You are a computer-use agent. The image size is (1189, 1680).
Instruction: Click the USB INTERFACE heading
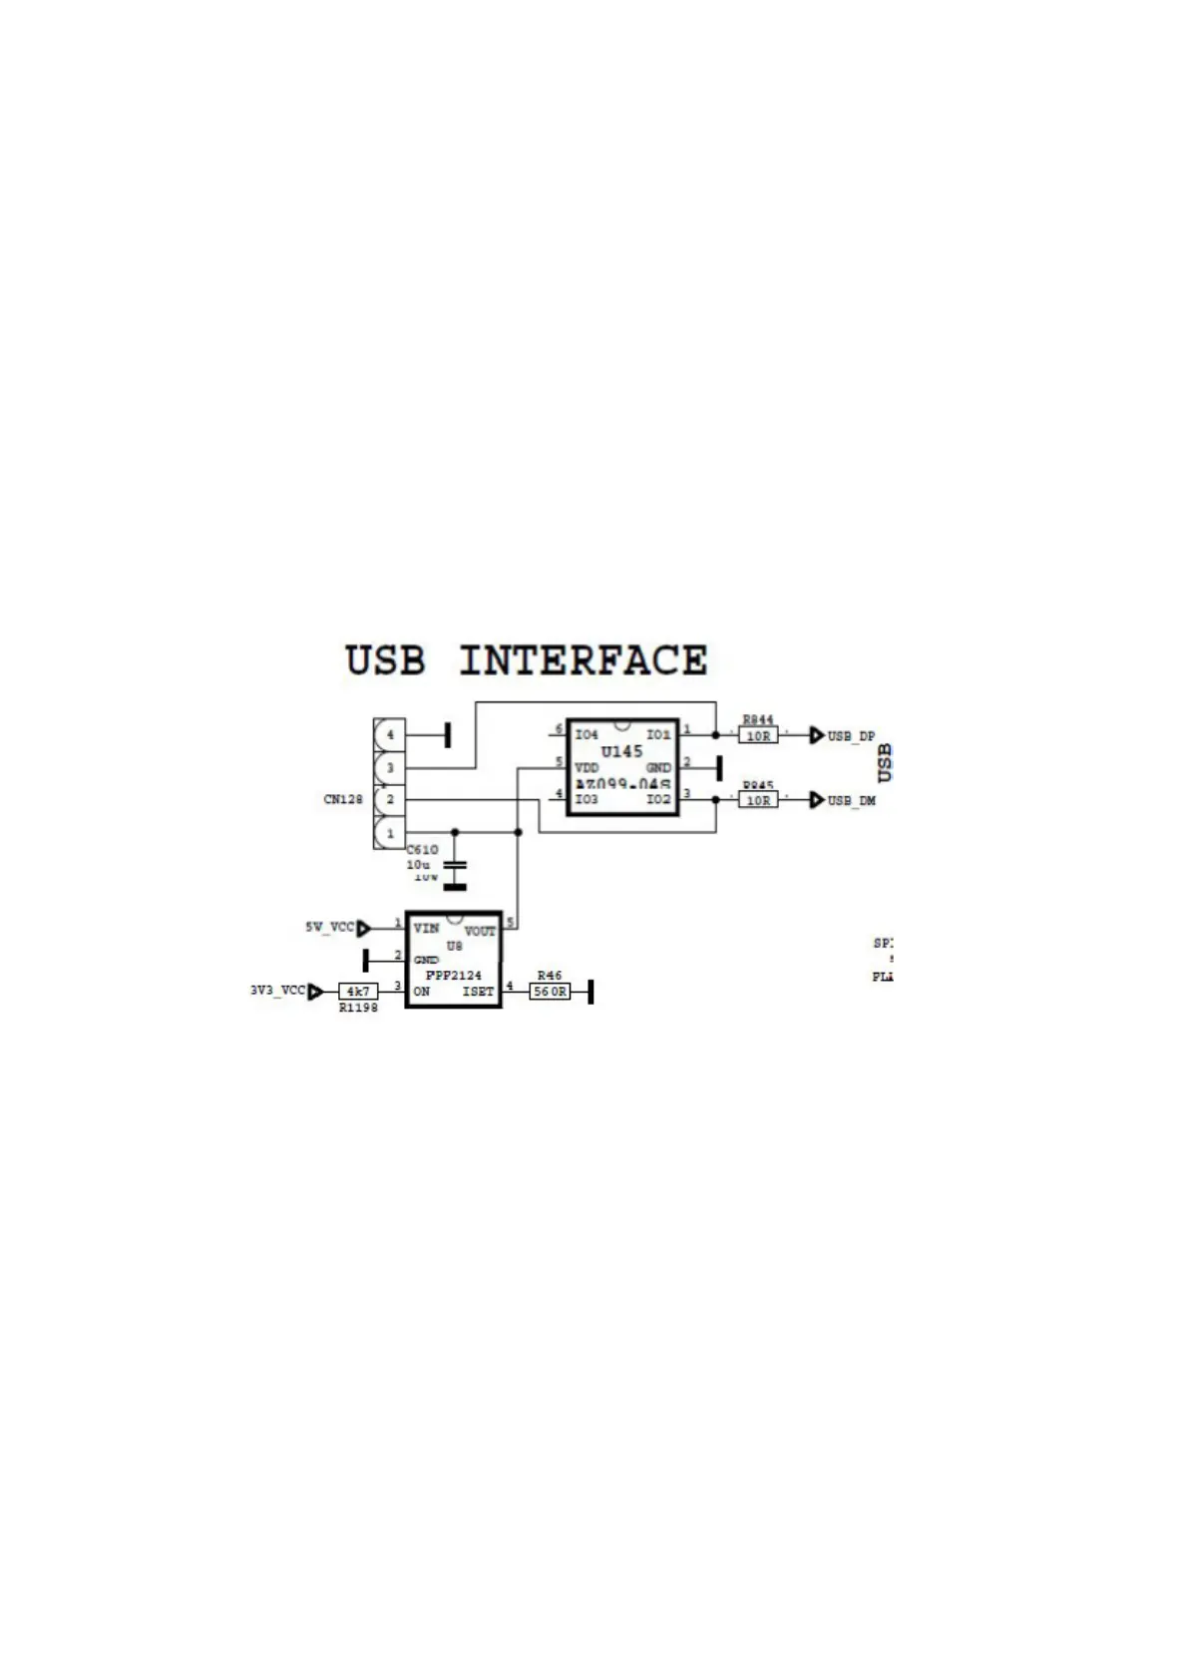[526, 660]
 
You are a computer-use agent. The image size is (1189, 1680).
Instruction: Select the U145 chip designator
[621, 751]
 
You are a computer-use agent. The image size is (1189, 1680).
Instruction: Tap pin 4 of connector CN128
[390, 735]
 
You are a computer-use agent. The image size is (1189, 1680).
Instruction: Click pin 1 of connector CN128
[390, 832]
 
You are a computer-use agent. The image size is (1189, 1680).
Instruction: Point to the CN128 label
[343, 799]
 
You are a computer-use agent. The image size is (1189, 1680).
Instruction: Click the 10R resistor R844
[758, 735]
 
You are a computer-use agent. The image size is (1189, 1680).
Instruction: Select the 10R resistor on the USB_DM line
[758, 800]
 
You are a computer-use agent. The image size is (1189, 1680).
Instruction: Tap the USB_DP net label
[850, 736]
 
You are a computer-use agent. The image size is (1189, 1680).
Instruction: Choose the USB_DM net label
[850, 801]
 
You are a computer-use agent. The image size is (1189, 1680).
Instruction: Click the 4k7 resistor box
[358, 992]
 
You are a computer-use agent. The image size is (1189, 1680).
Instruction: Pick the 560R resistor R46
[549, 992]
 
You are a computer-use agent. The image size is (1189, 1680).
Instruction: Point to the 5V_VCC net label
[329, 928]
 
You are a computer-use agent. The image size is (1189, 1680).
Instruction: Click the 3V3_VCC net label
[277, 991]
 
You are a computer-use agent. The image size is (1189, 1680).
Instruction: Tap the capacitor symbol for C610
[455, 868]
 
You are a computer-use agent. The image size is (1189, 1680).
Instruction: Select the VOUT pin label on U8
[480, 931]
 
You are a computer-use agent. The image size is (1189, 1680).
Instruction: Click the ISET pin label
[478, 992]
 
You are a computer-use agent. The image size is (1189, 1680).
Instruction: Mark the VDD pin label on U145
[587, 768]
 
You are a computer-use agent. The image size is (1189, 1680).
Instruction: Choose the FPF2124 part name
[454, 975]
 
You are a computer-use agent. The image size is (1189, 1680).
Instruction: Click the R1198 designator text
[358, 1009]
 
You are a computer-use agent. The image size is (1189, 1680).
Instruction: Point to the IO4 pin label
[587, 735]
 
